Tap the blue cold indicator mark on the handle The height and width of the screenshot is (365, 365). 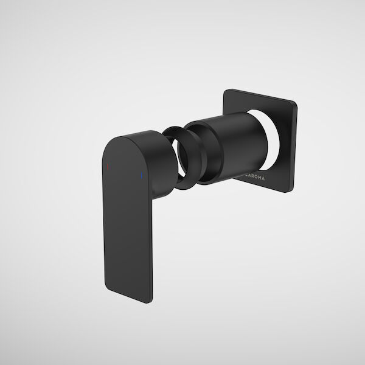click(141, 177)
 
